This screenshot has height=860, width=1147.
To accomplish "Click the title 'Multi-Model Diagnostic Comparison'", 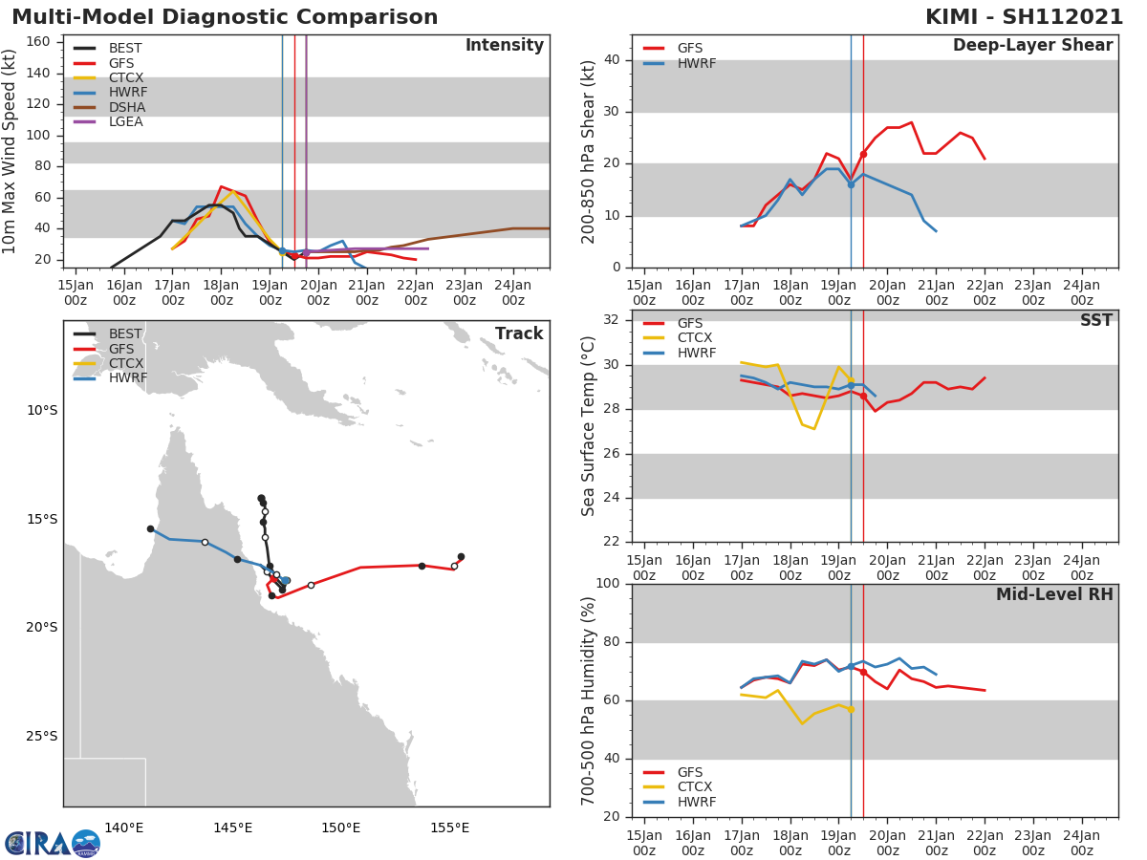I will click(225, 17).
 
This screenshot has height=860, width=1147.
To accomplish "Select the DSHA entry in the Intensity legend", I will click(127, 107).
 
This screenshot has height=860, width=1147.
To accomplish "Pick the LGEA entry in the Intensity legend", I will click(127, 121).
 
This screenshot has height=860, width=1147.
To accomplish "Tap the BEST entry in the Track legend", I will click(125, 333).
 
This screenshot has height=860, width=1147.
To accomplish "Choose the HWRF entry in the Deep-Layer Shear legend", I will click(696, 63).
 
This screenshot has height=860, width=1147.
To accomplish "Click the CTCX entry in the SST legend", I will click(695, 337).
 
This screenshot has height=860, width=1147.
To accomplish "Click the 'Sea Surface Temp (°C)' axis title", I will click(589, 426).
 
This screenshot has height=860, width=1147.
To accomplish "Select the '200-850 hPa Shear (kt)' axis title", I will click(589, 151).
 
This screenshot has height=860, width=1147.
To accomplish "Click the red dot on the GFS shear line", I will click(863, 154).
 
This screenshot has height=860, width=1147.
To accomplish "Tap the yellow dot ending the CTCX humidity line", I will click(851, 709).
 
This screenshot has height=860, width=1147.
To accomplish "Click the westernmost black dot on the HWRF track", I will click(150, 528).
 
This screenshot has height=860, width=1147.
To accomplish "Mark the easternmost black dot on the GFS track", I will click(461, 556).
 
